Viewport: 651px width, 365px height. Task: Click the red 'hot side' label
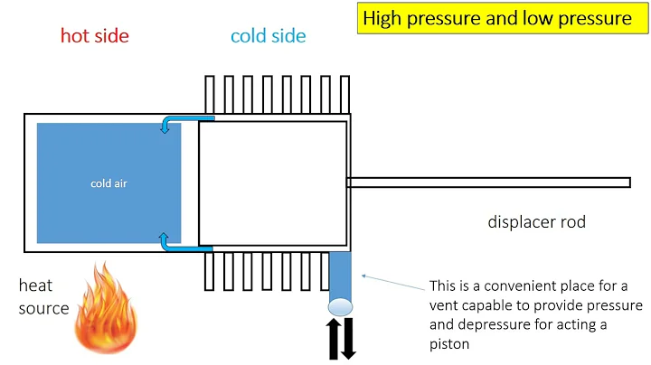pyautogui.click(x=94, y=36)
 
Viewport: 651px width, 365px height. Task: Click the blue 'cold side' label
pyautogui.click(x=268, y=36)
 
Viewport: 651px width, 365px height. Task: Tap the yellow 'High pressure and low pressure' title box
pyautogui.click(x=496, y=19)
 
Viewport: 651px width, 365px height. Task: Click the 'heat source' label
pyautogui.click(x=43, y=297)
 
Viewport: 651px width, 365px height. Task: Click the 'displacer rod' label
pyautogui.click(x=536, y=222)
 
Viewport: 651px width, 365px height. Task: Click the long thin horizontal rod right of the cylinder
pyautogui.click(x=488, y=182)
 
